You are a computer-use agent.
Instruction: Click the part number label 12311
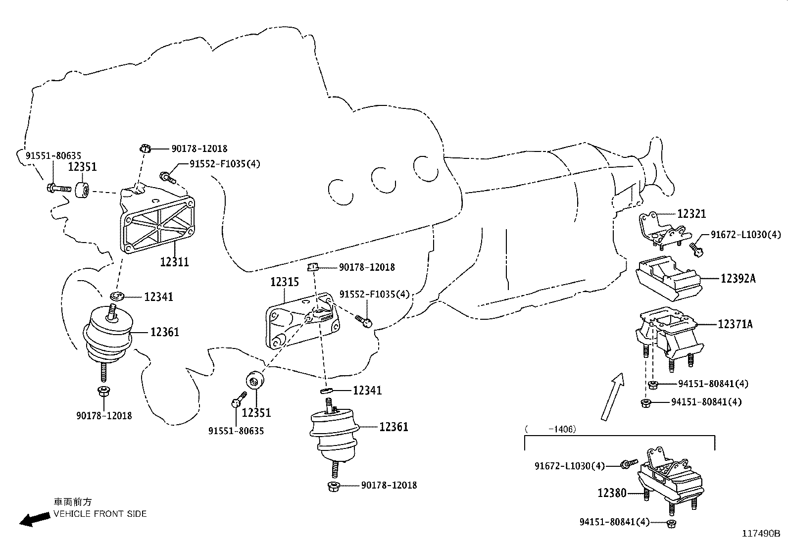click(174, 261)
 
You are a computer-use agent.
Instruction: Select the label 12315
click(284, 282)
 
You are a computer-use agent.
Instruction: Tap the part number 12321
click(691, 214)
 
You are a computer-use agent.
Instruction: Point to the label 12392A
click(738, 279)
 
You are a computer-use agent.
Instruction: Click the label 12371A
click(735, 324)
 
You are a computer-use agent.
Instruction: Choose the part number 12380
click(612, 493)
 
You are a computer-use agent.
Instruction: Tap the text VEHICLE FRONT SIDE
click(100, 514)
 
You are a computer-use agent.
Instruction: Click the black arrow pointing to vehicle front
click(35, 519)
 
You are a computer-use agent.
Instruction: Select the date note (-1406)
click(550, 429)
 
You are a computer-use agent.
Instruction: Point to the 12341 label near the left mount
click(158, 297)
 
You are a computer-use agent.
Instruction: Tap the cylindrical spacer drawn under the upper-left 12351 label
click(83, 190)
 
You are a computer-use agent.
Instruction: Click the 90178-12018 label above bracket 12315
click(367, 267)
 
